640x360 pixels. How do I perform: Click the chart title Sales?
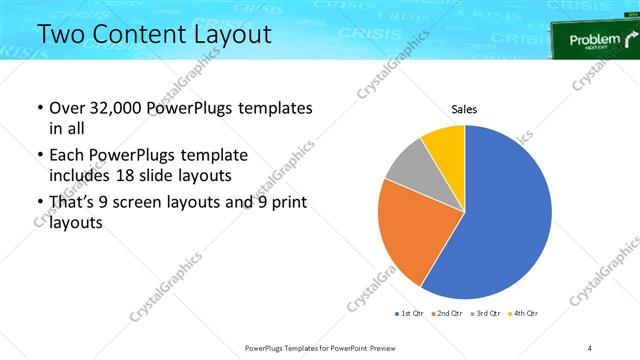(464, 108)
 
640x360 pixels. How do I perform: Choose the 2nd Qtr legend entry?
(447, 314)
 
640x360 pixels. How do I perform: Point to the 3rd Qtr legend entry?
(485, 314)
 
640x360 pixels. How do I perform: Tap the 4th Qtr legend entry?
(523, 314)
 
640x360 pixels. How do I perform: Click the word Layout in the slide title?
(229, 35)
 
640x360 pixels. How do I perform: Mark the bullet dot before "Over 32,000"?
(39, 108)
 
